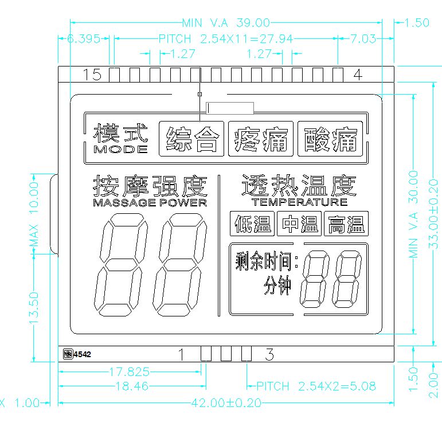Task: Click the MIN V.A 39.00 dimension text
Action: click(226, 23)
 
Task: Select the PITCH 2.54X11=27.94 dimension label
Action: click(226, 39)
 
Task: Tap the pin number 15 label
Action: click(92, 75)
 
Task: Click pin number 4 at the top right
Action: click(357, 75)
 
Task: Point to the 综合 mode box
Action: click(192, 139)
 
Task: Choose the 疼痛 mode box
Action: click(261, 139)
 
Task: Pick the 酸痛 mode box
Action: click(330, 139)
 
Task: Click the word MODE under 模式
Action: click(120, 150)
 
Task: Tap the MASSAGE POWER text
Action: click(150, 202)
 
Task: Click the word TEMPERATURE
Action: click(299, 202)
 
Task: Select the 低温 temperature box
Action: click(252, 224)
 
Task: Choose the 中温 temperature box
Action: click(299, 224)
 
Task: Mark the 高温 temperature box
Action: click(346, 224)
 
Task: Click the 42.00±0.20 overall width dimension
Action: click(226, 403)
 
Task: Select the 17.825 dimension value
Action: click(130, 371)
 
